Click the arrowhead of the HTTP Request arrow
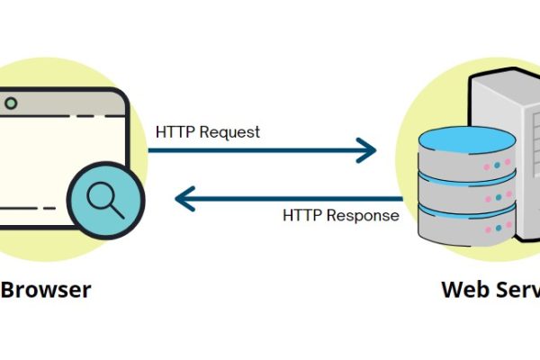[x=366, y=150]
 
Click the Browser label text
[x=45, y=290]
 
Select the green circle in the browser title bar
[x=11, y=103]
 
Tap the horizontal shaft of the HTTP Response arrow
[x=297, y=197]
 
